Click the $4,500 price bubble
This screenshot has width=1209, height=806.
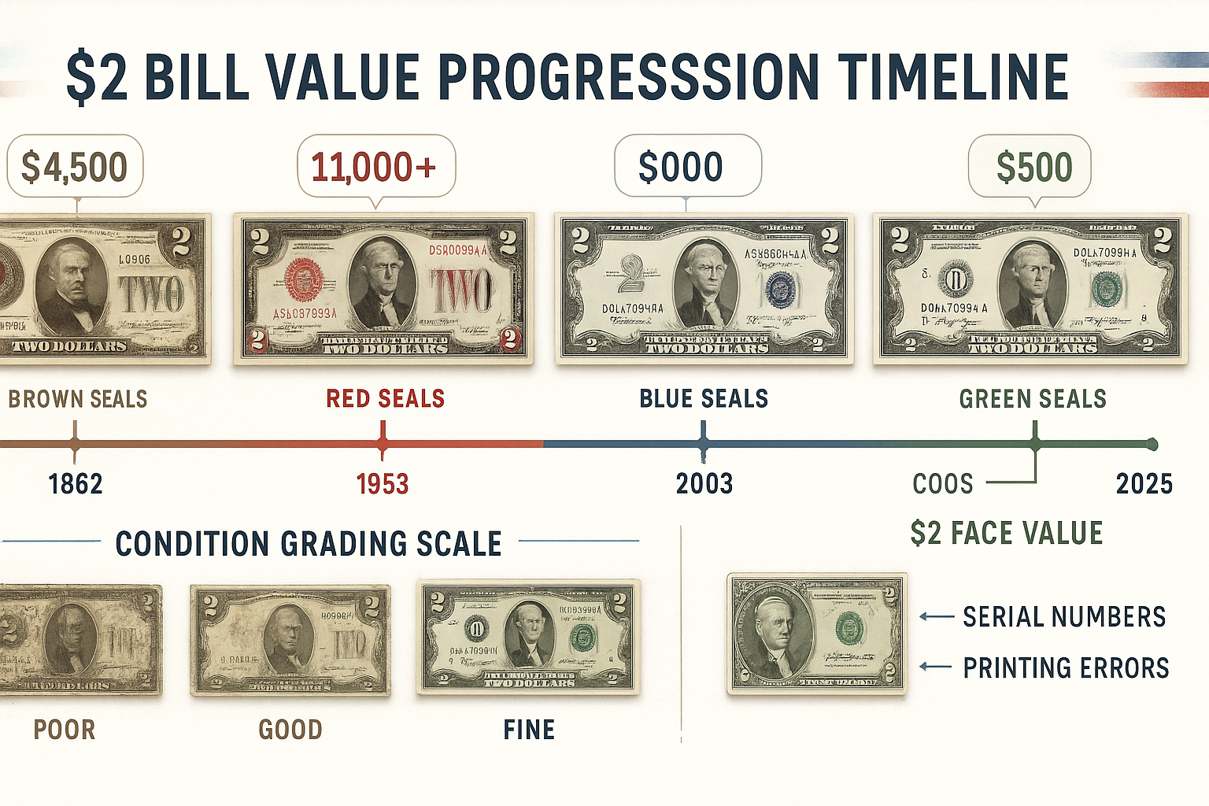pos(75,167)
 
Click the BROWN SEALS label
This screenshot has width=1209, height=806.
pos(78,399)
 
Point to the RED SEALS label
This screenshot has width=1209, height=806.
pos(386,399)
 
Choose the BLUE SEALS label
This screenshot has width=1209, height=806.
pos(704,399)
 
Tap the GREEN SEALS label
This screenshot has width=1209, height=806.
pos(1033,399)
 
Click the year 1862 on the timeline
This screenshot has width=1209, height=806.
pos(76,483)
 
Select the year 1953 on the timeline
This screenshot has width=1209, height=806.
pos(383,483)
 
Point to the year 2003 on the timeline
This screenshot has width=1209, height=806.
pos(704,483)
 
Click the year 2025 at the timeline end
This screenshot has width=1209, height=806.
pos(1144,483)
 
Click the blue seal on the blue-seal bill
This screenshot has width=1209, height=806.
pos(780,290)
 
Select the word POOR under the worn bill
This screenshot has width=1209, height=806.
pos(65,730)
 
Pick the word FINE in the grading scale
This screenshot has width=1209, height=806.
pos(529,730)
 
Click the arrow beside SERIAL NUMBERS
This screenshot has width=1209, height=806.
pos(937,617)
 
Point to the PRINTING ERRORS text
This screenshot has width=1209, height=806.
pos(1066,667)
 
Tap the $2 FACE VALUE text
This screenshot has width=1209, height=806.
pos(1007,533)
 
